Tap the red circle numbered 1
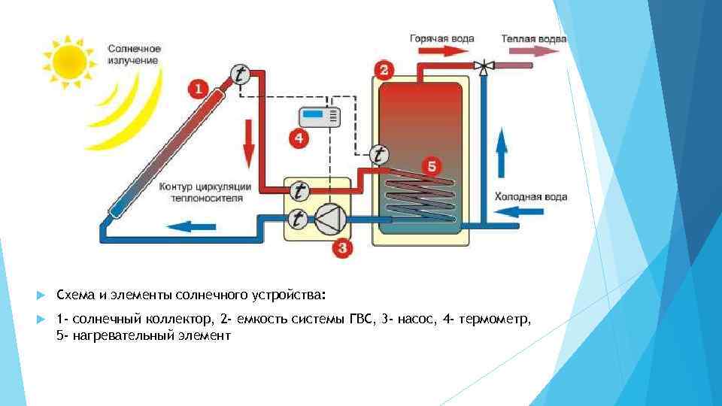pyautogui.click(x=198, y=89)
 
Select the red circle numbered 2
pyautogui.click(x=384, y=71)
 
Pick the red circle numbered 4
pyautogui.click(x=299, y=138)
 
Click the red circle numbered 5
pyautogui.click(x=430, y=165)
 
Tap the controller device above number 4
pyautogui.click(x=320, y=117)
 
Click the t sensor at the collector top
pyautogui.click(x=240, y=74)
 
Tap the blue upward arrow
pyautogui.click(x=502, y=150)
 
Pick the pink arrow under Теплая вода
pyautogui.click(x=532, y=51)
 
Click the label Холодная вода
pyautogui.click(x=530, y=197)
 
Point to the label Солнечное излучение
pyautogui.click(x=134, y=54)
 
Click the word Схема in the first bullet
pyautogui.click(x=73, y=292)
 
